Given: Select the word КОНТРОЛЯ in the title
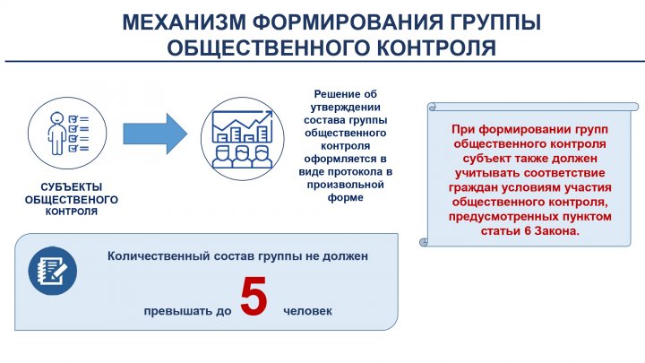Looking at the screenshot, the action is coord(436,48).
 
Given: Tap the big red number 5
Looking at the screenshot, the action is coord(254,297).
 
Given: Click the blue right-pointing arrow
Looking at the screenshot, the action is coord(156,134).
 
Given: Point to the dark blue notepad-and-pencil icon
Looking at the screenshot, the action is coord(53,271).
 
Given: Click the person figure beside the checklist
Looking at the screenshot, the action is coord(56,134).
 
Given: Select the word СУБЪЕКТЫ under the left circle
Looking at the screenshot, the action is coord(72,186).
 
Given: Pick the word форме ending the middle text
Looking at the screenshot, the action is coord(346,197).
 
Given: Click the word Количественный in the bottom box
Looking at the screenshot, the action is coord(159,256).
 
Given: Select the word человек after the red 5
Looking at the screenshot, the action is coord(307,311).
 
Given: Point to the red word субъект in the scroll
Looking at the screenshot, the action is coord(485,159).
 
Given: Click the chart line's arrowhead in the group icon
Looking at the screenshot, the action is coord(269,114).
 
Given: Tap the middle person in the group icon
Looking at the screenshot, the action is coord(242,156).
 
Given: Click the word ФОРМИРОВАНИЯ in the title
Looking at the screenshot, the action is coord(348,22).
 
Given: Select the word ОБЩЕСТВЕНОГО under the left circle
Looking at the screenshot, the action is coord(72,200).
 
